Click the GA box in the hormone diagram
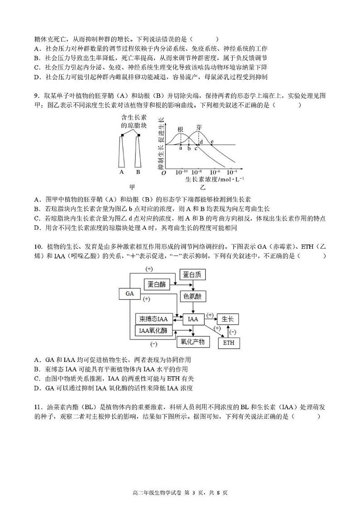(130, 294)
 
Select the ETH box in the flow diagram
(229, 343)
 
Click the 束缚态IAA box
(153, 319)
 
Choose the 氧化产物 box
(193, 341)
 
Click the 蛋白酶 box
(156, 284)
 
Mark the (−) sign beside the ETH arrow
(233, 332)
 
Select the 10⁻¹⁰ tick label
(181, 172)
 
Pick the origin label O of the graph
(164, 173)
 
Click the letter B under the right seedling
(138, 172)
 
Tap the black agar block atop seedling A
(122, 135)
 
